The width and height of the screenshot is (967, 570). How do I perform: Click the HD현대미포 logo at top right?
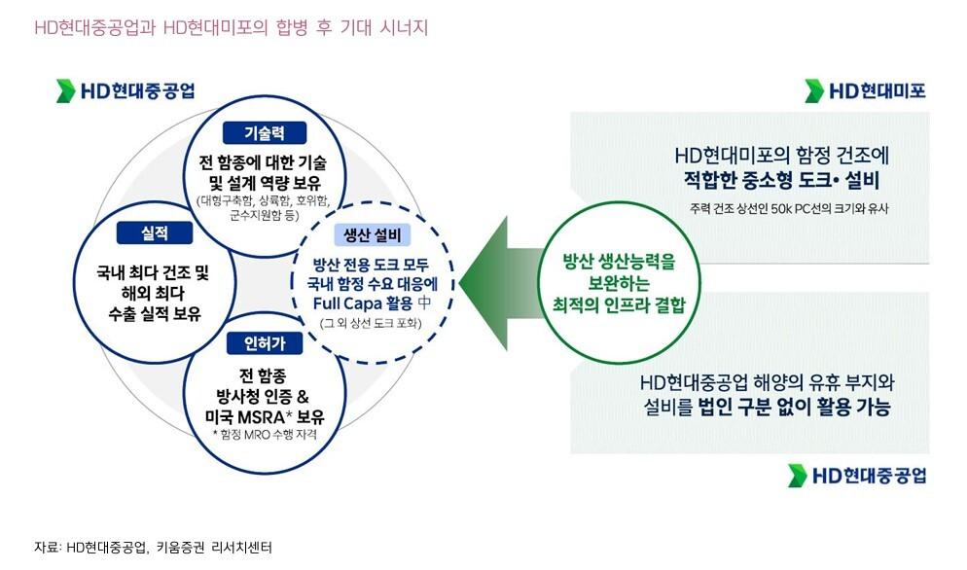(865, 92)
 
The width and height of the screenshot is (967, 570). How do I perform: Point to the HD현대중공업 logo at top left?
(127, 91)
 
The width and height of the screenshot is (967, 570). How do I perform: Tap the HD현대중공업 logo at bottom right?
(857, 476)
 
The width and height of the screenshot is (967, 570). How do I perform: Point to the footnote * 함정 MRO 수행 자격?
(266, 435)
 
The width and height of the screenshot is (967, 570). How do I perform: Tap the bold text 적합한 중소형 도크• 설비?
(781, 179)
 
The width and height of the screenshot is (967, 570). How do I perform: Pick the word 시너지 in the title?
(399, 27)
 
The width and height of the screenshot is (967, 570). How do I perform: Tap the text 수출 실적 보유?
(155, 313)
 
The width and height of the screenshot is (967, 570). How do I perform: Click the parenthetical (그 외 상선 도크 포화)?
(370, 322)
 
